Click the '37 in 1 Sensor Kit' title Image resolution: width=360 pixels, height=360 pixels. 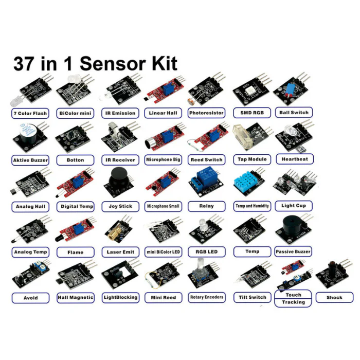pyautogui.click(x=95, y=63)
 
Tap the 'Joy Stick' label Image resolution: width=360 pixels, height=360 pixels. pyautogui.click(x=120, y=206)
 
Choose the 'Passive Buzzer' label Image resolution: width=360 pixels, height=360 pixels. pyautogui.click(x=293, y=252)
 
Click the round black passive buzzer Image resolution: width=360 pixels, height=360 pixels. pyautogui.click(x=291, y=229)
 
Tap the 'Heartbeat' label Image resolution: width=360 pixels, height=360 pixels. pyautogui.click(x=294, y=159)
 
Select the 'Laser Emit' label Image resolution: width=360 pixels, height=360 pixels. pyautogui.click(x=120, y=252)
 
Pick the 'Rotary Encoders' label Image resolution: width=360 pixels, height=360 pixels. pyautogui.click(x=206, y=297)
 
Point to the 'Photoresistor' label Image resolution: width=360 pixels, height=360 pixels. pyautogui.click(x=206, y=113)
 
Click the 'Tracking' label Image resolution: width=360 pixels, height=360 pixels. pyautogui.click(x=293, y=302)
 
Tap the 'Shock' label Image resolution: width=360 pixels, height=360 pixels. pyautogui.click(x=334, y=297)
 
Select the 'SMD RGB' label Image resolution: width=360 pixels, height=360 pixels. pyautogui.click(x=252, y=113)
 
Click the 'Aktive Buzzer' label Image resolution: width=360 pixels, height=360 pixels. pyautogui.click(x=30, y=160)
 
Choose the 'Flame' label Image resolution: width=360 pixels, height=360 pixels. pyautogui.click(x=75, y=253)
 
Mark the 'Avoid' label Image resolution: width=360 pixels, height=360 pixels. pyautogui.click(x=30, y=298)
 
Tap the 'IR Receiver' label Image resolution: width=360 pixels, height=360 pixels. pyautogui.click(x=120, y=160)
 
